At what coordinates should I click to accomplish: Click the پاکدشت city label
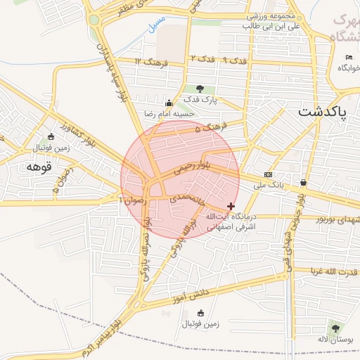pos(322,112)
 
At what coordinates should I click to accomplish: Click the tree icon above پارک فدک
pos(200,89)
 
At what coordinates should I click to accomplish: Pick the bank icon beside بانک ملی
pos(268,174)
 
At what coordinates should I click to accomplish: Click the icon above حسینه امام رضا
pos(168,103)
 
